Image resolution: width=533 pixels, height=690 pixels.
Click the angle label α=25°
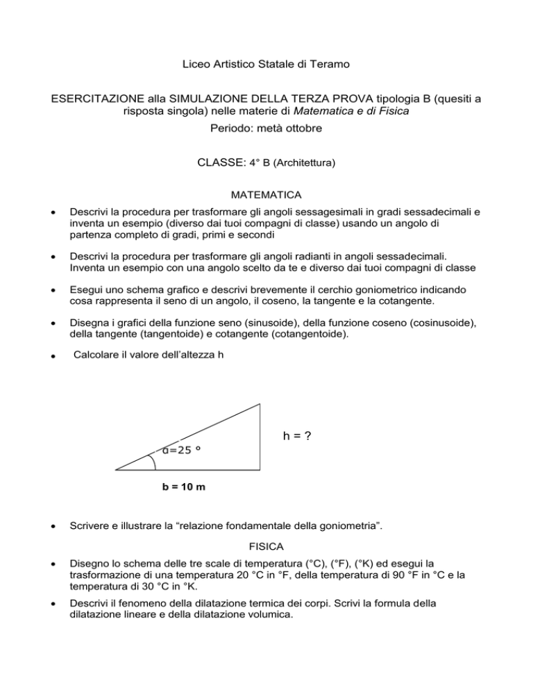pyautogui.click(x=182, y=449)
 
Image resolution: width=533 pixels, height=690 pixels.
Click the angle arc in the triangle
pyautogui.click(x=153, y=462)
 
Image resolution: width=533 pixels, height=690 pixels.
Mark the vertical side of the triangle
pyautogui.click(x=260, y=437)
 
